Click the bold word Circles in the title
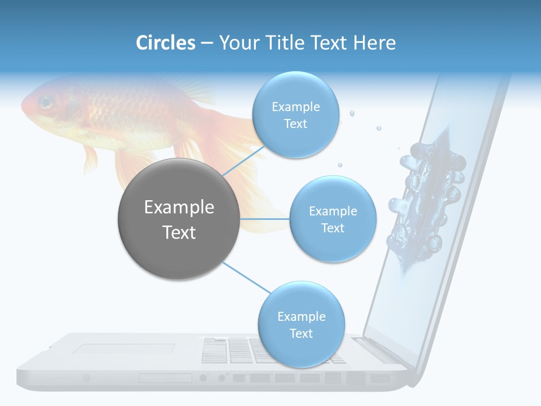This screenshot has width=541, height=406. point(165,43)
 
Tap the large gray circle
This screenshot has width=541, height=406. point(179,219)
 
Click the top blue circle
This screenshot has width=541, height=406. point(295,114)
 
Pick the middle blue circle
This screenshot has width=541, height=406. point(332,219)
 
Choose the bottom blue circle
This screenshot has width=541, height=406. point(301,324)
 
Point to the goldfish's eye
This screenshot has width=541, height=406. point(45,103)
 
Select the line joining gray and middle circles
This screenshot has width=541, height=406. point(264,219)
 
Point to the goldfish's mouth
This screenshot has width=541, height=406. point(24,104)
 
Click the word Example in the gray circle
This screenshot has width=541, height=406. point(179,208)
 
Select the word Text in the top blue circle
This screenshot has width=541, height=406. point(295,123)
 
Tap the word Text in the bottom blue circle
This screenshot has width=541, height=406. point(301,333)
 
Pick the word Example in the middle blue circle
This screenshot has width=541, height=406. point(332,211)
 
